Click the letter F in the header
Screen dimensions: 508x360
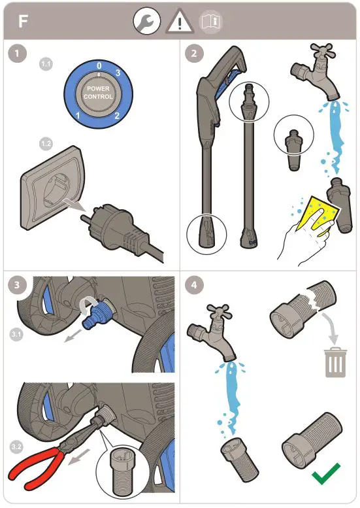click(x=23, y=21)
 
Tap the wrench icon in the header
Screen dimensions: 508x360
click(x=146, y=22)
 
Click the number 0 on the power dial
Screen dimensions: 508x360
click(x=98, y=66)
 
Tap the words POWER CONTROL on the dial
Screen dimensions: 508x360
click(x=98, y=92)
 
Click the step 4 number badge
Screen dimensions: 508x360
click(x=193, y=286)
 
